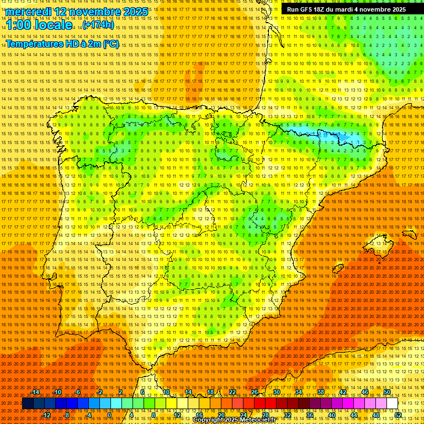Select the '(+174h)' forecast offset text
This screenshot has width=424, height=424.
click(98, 25)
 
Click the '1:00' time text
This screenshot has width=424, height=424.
click(20, 25)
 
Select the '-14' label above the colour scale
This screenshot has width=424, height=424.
click(35, 392)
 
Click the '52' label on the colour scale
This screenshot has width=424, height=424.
click(397, 415)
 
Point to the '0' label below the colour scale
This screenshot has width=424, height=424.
click(109, 415)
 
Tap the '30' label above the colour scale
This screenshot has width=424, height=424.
click(276, 392)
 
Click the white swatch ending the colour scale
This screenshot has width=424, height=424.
click(392, 404)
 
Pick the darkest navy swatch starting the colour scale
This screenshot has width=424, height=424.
click(28, 404)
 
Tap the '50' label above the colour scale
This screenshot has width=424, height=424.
click(386, 392)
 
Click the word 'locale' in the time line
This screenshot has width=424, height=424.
click(52, 25)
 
